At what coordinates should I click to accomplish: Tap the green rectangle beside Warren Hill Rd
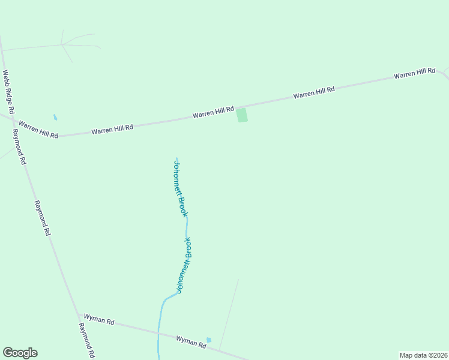241,115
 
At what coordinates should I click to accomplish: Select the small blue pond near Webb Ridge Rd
55,117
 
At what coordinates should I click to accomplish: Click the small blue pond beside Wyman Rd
209,340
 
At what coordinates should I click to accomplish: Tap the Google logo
20,353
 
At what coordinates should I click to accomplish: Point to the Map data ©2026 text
423,355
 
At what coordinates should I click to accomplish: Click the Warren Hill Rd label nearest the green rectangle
212,112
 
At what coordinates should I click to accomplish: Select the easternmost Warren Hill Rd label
414,73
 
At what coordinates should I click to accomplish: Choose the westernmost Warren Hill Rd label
38,130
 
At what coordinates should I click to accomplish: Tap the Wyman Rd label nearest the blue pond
191,341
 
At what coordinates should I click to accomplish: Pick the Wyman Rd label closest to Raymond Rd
99,320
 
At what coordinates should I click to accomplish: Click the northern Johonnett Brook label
181,188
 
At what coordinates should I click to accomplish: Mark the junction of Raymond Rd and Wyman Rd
77,314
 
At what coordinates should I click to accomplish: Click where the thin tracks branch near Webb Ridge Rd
62,44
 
